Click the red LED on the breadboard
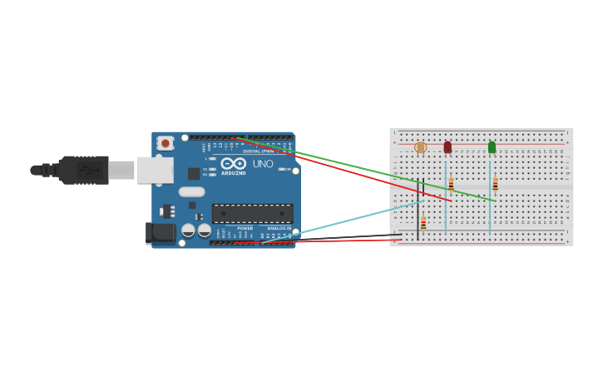(447, 147)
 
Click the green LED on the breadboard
(492, 147)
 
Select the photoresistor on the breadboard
(420, 147)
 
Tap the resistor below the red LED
(451, 185)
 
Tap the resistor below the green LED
(495, 185)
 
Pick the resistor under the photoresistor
(423, 222)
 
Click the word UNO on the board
(263, 164)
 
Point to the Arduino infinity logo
(233, 163)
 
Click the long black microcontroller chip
(252, 213)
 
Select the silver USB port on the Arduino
(156, 170)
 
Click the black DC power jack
(161, 232)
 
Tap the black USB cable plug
(83, 170)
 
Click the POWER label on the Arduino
(245, 228)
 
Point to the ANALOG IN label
(279, 228)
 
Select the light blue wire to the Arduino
(349, 219)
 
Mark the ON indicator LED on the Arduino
(283, 169)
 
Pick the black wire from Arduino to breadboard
(349, 237)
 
